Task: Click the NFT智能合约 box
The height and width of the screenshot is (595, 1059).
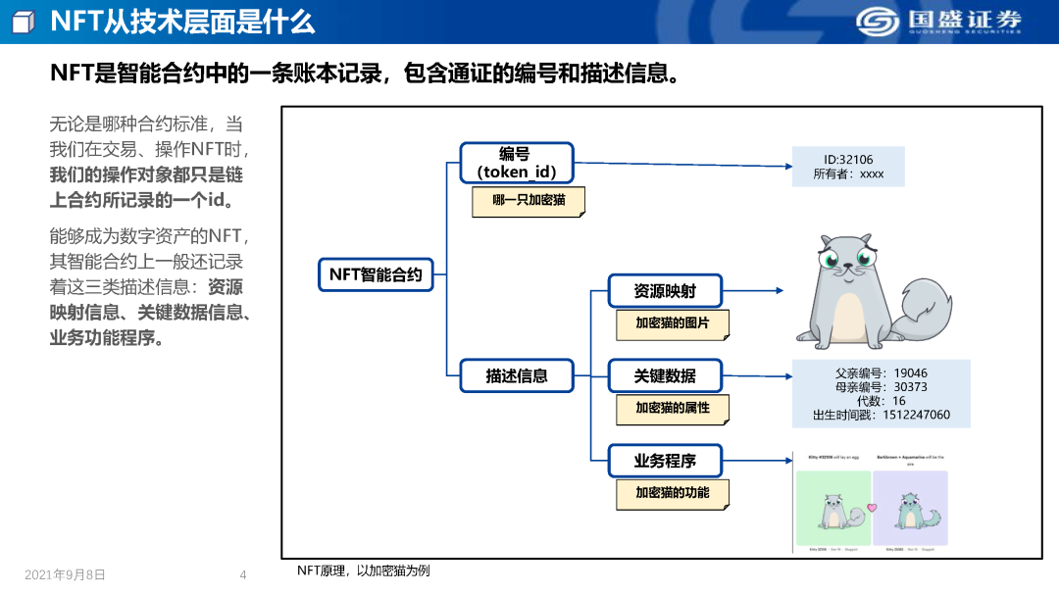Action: (376, 274)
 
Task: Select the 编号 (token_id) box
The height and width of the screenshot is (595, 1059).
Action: (516, 163)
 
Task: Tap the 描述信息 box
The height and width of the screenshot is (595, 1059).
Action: (517, 375)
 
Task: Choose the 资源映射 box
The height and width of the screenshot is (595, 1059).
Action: (665, 291)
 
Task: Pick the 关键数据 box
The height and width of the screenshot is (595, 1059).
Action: (665, 375)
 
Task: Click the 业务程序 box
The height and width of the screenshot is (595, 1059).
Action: (665, 461)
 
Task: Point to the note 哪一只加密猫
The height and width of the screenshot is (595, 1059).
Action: (529, 201)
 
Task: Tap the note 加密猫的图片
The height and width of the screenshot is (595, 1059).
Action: (672, 323)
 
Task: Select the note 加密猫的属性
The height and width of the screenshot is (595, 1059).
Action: (672, 408)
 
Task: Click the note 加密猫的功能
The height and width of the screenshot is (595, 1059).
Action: (672, 493)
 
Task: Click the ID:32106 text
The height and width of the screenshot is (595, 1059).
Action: (848, 160)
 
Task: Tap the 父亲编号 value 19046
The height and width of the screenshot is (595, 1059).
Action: (910, 373)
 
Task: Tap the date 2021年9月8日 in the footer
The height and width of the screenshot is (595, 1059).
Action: (65, 574)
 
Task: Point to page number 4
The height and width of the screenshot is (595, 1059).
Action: (243, 574)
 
